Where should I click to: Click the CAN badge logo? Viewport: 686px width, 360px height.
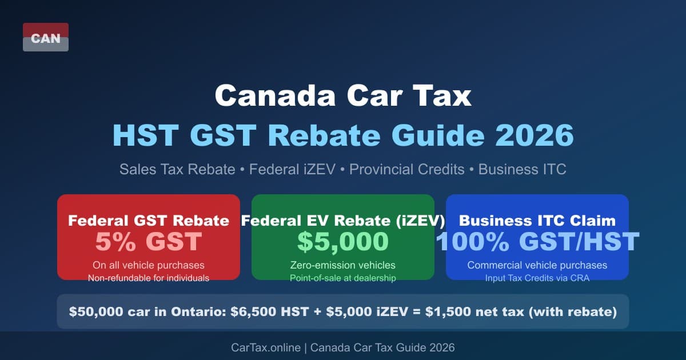point(46,38)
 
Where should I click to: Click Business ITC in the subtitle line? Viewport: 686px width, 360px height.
point(522,170)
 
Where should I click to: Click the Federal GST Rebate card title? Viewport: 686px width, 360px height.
point(149,221)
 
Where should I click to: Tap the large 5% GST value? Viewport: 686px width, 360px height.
point(149,242)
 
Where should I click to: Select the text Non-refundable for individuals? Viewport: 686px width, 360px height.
point(149,278)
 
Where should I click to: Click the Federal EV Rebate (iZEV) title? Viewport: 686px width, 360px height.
point(343,221)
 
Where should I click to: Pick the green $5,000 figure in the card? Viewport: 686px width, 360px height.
point(343,242)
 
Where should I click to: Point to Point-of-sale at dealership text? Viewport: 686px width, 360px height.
point(343,278)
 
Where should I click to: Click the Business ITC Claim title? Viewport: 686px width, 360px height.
point(537,221)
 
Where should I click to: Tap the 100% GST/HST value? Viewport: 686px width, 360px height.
point(537,242)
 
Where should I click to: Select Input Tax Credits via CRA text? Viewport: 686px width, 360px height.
point(537,278)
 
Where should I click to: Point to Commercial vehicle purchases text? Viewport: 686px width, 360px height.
point(537,265)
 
